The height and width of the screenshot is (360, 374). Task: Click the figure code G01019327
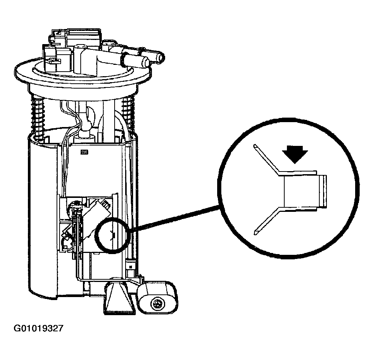[x=38, y=328]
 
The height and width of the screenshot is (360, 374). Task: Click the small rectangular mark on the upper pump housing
[x=84, y=152]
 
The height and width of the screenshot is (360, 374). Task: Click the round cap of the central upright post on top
[x=80, y=47]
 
